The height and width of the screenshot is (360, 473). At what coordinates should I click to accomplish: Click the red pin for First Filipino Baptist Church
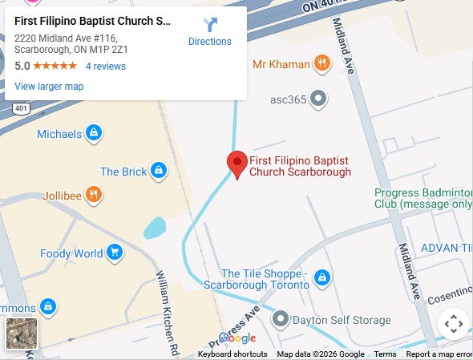point(236,163)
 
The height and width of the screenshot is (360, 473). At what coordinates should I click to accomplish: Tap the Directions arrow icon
point(210,25)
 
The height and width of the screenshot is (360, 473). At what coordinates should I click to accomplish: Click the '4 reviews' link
point(106,66)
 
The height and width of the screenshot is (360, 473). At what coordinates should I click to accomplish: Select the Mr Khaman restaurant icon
point(321,63)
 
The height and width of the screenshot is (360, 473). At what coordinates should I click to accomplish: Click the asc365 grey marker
point(318,99)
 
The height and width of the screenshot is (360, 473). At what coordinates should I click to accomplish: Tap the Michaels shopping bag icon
point(94,133)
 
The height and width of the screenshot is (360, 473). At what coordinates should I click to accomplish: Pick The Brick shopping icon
point(159,171)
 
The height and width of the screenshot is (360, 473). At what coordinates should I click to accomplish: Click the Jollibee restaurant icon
point(94,193)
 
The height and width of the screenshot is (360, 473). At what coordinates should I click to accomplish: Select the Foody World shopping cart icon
point(115,253)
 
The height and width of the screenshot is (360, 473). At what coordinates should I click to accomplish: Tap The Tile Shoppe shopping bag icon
point(321,277)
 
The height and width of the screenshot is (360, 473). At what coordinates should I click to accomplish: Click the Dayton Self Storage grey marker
point(281,320)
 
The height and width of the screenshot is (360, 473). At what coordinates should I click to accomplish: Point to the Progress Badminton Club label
point(423,198)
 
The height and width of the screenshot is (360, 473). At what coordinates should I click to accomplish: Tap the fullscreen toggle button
point(453,325)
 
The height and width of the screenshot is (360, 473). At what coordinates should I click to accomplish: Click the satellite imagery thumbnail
point(22,333)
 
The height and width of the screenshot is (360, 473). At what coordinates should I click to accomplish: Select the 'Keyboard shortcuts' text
point(232,354)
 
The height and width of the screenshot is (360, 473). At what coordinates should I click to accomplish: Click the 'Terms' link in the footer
point(385,354)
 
